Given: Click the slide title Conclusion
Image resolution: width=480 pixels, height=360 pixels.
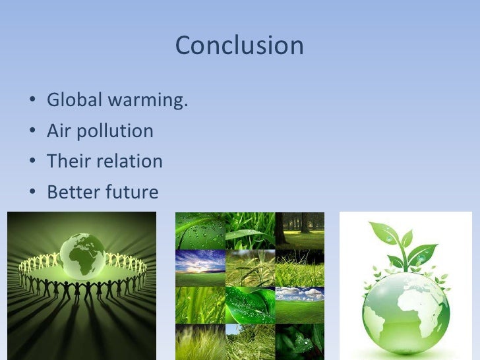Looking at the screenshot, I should (x=239, y=45).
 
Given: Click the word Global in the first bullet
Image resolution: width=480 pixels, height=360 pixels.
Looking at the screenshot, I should (x=71, y=101).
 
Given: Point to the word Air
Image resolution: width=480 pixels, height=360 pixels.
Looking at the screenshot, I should (x=58, y=131).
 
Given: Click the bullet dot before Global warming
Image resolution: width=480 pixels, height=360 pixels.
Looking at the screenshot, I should (x=32, y=102).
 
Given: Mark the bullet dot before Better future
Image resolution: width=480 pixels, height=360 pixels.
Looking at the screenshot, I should (x=32, y=193).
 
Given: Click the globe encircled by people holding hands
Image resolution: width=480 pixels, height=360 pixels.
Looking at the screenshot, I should (x=82, y=254).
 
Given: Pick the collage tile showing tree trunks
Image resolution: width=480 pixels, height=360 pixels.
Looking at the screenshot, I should (x=299, y=230).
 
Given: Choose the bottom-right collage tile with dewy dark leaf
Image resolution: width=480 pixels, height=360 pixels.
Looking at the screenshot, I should (x=299, y=342).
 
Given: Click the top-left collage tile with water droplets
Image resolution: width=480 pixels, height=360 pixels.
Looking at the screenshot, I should (x=200, y=230).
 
